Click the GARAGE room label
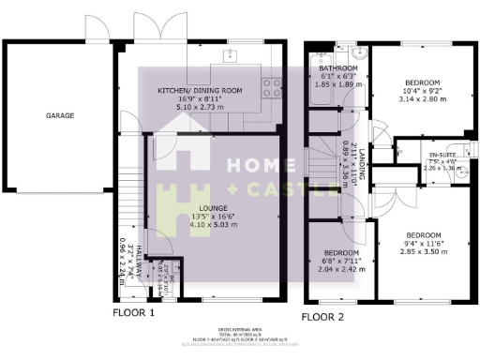[x=60, y=115]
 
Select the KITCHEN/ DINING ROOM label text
[x=200, y=90]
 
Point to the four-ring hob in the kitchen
[x=272, y=88]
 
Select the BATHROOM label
[x=337, y=68]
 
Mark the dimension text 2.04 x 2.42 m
[x=341, y=267]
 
